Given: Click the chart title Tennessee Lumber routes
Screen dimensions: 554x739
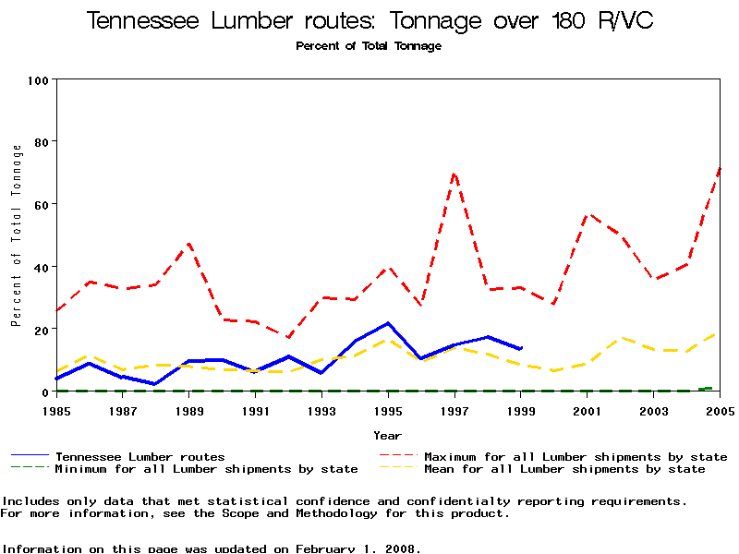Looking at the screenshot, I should pos(369,21).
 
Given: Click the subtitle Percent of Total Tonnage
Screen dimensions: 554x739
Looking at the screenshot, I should pos(369,46).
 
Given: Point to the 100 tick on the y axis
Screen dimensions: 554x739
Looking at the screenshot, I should pos(38,80).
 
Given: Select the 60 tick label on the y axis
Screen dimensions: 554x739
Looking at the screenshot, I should pos(41,204).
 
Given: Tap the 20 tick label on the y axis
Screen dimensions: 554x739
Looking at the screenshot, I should pos(41,329).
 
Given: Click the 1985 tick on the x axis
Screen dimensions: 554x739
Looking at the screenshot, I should pos(57,410).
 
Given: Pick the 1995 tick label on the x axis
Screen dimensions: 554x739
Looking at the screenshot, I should pos(388,410).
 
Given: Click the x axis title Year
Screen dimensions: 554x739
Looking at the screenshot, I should pos(388,435).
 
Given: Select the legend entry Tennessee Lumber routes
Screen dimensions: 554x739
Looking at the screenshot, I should pos(139,456).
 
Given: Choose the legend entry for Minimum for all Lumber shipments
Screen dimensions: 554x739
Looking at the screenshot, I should pos(206,469).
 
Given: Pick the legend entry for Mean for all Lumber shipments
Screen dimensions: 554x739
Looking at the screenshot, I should pos(563,469).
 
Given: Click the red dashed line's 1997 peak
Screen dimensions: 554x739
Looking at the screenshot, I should pos(454,173).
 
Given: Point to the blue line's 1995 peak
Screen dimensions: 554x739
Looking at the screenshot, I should pos(388,323).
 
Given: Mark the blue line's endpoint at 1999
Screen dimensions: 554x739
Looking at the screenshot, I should pos(521,348).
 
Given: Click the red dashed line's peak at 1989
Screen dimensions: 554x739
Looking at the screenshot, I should pos(189,244).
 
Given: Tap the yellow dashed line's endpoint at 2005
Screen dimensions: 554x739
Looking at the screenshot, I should pos(719,333).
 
